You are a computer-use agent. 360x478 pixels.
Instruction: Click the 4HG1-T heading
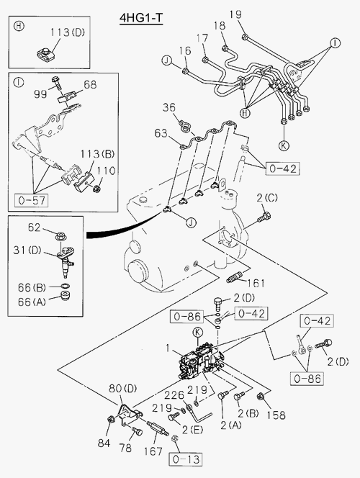tap(141, 18)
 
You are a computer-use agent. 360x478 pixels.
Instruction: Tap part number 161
tap(256, 283)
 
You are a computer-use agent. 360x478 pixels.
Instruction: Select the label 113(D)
tap(68, 32)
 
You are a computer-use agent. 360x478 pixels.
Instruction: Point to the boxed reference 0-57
tap(32, 200)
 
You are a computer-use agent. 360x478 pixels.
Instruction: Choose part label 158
tap(276, 415)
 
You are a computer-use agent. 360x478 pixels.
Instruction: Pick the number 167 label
tap(153, 451)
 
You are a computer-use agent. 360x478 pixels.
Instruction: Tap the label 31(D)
tap(27, 251)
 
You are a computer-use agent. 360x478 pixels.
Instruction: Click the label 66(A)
tap(32, 302)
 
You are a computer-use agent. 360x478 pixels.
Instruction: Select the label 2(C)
tap(267, 198)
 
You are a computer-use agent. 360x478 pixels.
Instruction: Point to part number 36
tap(169, 107)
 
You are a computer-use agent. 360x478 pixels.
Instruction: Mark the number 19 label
tap(235, 14)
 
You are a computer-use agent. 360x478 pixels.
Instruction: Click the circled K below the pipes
tap(284, 145)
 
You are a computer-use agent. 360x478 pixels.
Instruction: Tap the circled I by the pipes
tap(335, 43)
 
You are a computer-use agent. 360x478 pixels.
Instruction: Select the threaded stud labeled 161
tap(235, 277)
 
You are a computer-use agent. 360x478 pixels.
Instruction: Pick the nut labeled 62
tap(61, 236)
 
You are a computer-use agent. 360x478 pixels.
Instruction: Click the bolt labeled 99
tap(56, 83)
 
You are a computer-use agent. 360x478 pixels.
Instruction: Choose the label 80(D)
tap(123, 388)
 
